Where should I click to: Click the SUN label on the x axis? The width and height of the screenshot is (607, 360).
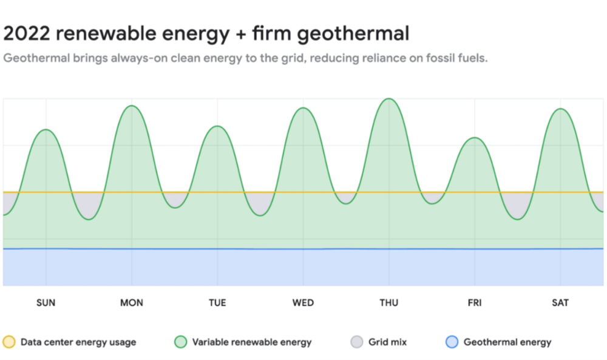tap(46, 303)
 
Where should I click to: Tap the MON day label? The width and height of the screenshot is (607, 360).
tap(132, 303)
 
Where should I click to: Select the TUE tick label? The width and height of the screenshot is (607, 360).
tap(217, 303)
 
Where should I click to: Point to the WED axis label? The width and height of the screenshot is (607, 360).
tap(303, 303)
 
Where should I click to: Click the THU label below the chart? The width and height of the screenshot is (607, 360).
tap(388, 303)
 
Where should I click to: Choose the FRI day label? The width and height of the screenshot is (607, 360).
tap(475, 303)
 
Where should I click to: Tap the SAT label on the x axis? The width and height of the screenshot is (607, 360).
tap(560, 303)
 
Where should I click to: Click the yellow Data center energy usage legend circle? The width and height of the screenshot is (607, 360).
tap(9, 342)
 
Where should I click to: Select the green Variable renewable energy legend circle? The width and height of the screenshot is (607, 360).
tap(180, 342)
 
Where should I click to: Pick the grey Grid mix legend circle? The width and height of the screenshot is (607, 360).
tap(356, 342)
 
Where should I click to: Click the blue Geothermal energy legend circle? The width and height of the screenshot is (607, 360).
tap(452, 342)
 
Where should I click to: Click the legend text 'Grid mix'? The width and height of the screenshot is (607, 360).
tap(387, 342)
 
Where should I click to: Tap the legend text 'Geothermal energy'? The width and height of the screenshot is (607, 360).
tap(507, 342)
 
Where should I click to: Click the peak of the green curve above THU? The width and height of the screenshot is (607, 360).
tap(388, 99)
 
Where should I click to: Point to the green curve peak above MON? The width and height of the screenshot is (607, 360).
tap(132, 106)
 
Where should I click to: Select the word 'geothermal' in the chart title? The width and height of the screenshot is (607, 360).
tap(353, 35)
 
